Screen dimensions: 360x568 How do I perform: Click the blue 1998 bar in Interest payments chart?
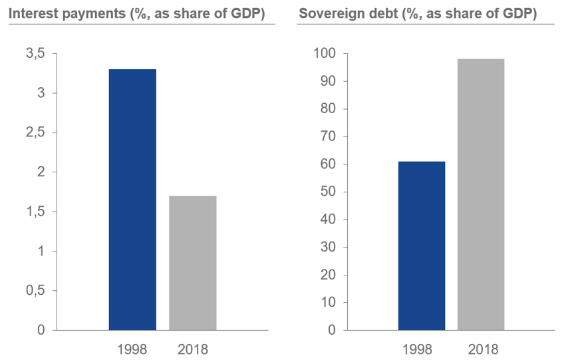pyautogui.click(x=132, y=200)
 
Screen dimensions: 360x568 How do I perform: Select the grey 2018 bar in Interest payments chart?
pyautogui.click(x=192, y=263)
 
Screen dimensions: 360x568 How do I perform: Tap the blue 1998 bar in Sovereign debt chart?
pyautogui.click(x=422, y=246)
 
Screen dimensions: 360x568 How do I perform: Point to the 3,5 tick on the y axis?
pyautogui.click(x=35, y=54)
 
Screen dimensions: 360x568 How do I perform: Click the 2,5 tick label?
pyautogui.click(x=35, y=133)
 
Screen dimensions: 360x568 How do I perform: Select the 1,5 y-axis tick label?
pyautogui.click(x=35, y=212)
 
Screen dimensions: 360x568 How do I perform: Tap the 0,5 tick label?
pyautogui.click(x=35, y=291)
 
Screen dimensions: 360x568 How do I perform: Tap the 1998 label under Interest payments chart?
pyautogui.click(x=132, y=349)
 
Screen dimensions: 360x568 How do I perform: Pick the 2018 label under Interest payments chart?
pyautogui.click(x=192, y=349)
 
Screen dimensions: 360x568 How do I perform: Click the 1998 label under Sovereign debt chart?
pyautogui.click(x=422, y=349)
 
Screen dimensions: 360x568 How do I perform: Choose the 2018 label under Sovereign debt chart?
pyautogui.click(x=481, y=349)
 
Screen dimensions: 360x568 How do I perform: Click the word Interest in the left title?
pyautogui.click(x=31, y=13)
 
